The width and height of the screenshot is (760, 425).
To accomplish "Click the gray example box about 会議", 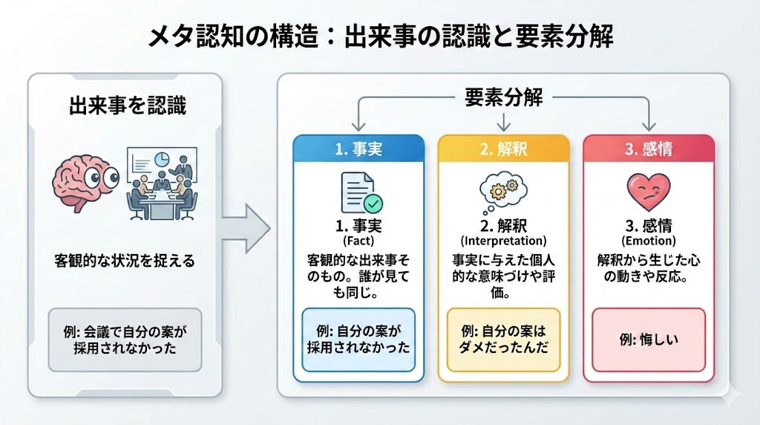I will (x=124, y=339).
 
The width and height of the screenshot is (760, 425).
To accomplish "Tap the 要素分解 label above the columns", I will (x=504, y=97).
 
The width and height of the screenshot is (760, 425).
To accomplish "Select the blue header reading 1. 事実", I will (x=359, y=149).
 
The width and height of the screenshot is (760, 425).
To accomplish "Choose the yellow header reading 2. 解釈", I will (x=503, y=149).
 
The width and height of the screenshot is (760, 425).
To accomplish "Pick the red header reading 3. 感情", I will (x=649, y=149).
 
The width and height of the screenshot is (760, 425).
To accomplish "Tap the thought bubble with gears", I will (x=504, y=189).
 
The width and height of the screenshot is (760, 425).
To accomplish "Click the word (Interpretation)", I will (x=503, y=241).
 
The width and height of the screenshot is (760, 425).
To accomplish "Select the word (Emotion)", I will (x=649, y=241).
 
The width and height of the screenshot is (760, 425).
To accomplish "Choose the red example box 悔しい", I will (x=649, y=340).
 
